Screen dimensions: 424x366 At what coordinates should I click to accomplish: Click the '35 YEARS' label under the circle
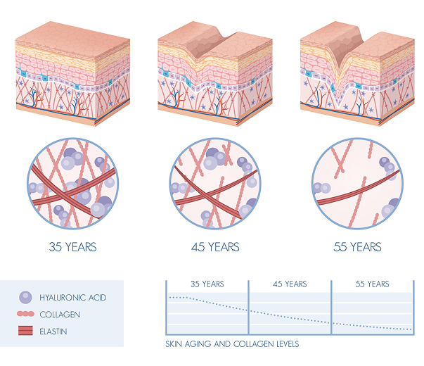(72, 247)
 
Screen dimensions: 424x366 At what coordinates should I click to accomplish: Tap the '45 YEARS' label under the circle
(215, 247)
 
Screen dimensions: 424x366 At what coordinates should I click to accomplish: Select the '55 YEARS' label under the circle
(357, 247)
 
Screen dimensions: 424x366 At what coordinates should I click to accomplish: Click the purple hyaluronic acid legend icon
(25, 297)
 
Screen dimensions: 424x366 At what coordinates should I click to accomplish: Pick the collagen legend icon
(25, 314)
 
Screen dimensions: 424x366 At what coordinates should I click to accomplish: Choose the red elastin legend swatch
(25, 331)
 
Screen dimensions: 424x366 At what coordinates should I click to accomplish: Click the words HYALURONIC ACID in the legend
(73, 298)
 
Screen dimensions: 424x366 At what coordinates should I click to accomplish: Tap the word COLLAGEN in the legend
(60, 315)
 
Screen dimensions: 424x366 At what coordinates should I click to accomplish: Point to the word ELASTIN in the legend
(53, 332)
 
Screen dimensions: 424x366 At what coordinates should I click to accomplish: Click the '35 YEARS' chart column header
(207, 284)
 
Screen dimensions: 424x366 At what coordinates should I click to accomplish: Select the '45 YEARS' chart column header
(290, 284)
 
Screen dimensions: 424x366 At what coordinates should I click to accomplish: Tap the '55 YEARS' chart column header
(373, 284)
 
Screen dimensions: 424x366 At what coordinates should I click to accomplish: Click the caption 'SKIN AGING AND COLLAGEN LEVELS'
(232, 344)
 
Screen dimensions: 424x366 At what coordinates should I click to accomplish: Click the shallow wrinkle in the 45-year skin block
(205, 49)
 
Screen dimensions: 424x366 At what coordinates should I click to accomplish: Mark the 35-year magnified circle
(72, 184)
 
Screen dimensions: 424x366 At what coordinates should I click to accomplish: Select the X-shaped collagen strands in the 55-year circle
(341, 159)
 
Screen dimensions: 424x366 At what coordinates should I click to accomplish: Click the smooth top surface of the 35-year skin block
(73, 40)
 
